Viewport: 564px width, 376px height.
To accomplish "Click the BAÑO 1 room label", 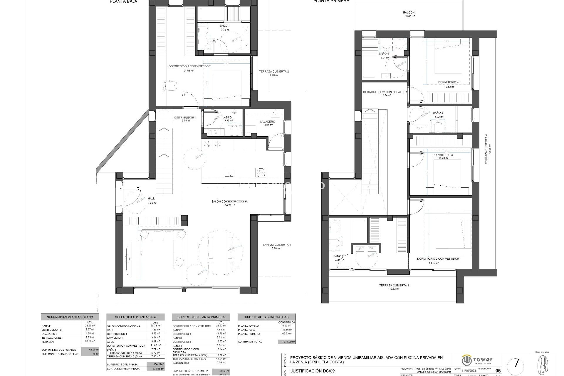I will point(224,26).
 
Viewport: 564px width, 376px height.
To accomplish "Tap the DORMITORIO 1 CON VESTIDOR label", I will point(189,66).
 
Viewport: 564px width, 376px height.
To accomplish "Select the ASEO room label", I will point(228,117).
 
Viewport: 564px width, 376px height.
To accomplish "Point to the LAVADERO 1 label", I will point(268,122).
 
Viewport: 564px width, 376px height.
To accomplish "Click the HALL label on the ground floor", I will point(151,199).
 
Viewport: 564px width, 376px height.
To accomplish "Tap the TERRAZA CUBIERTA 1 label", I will point(276,245).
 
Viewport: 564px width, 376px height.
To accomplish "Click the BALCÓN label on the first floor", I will point(409,13).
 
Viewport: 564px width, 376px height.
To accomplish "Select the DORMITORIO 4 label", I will point(448,82).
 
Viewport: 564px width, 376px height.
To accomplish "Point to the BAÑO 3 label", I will point(438,113).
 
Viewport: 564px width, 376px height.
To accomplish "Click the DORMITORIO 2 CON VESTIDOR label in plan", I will point(438,259).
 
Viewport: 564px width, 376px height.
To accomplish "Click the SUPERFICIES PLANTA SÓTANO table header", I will point(70,317).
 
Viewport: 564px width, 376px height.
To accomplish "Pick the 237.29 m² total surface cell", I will point(286,342).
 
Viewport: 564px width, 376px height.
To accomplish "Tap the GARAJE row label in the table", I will point(47,326).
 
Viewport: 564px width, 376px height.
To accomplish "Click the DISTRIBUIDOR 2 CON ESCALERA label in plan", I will point(385,92).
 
